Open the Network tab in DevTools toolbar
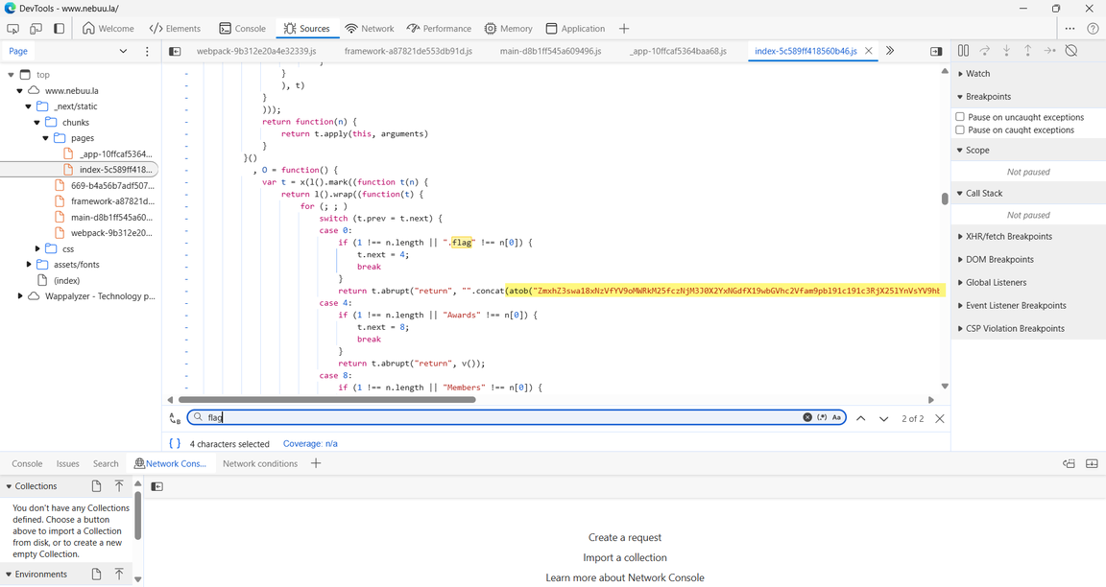[x=369, y=28]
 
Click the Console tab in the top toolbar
[x=242, y=28]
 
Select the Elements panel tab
[x=175, y=28]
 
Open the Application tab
[x=575, y=28]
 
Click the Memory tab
[x=508, y=28]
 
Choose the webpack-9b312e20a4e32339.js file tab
[x=256, y=51]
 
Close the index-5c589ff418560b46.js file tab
[x=868, y=51]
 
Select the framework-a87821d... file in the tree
[x=112, y=200]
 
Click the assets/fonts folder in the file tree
[x=76, y=265]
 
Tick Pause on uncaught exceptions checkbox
[x=959, y=117]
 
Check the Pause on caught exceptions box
[x=959, y=129]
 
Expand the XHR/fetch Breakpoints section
[x=1009, y=236]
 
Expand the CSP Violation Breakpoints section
[x=1015, y=328]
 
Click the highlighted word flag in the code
[x=461, y=243]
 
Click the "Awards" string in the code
[x=462, y=315]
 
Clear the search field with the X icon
[x=806, y=417]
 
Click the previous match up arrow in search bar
[x=860, y=418]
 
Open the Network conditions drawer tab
[x=260, y=463]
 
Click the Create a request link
[x=625, y=538]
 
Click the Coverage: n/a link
[x=310, y=444]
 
